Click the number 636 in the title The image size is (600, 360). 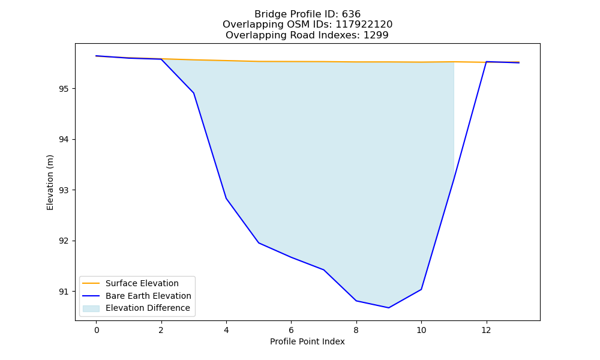[351, 14]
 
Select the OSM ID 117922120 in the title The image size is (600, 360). [364, 25]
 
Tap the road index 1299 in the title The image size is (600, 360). [376, 35]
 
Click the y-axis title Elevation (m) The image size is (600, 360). [50, 182]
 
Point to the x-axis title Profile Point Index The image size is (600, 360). [307, 341]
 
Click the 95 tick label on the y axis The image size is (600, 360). [64, 89]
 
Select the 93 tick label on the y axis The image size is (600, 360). [64, 190]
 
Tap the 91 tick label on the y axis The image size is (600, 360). [64, 292]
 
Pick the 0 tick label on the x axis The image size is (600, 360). [97, 330]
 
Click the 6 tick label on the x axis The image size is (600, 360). [291, 330]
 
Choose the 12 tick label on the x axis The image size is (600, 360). [487, 330]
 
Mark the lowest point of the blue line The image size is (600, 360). [389, 308]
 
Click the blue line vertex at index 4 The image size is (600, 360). [226, 198]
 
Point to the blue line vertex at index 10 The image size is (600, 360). [421, 289]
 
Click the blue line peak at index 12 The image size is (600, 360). [487, 62]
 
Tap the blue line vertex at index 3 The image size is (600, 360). [194, 93]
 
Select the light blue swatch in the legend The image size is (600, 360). [91, 308]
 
